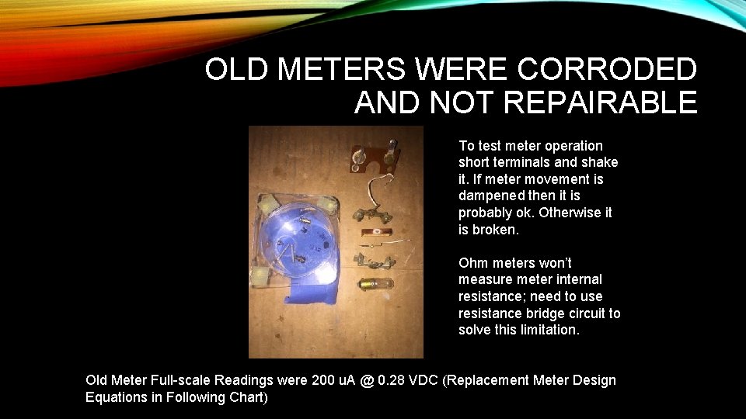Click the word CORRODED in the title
[606, 70]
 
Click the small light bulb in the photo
[375, 285]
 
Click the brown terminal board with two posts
[373, 158]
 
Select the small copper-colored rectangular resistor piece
[376, 232]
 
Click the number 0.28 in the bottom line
[394, 380]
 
